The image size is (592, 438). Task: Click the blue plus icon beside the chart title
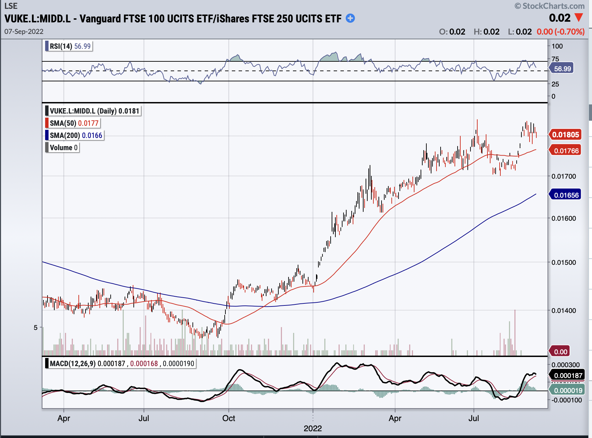click(350, 18)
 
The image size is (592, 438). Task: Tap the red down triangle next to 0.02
click(579, 17)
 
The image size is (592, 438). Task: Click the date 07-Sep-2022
click(24, 32)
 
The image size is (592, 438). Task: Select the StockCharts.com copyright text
click(550, 6)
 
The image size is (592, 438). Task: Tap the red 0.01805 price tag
click(565, 135)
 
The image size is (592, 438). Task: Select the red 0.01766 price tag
click(565, 151)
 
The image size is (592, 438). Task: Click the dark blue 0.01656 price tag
click(565, 195)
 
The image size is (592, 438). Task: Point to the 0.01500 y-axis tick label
click(563, 262)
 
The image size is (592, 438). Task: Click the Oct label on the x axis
click(228, 418)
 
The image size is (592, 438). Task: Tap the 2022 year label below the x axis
click(313, 429)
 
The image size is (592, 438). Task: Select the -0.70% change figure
click(569, 32)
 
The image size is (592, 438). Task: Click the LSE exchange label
click(11, 6)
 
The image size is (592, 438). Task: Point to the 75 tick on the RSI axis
click(555, 59)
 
